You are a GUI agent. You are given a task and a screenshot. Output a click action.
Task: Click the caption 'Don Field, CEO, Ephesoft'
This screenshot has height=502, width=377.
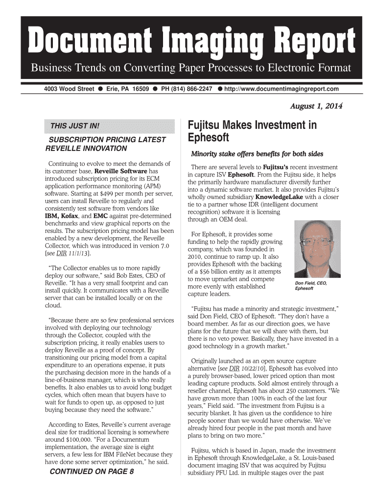[x=310, y=286]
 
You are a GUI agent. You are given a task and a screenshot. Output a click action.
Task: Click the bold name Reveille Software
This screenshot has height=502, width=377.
[x=120, y=171]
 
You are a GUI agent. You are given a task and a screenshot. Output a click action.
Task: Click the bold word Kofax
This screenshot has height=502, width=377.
[x=77, y=216]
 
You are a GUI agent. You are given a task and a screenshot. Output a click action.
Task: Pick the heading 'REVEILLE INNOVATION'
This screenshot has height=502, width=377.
[x=86, y=148]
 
